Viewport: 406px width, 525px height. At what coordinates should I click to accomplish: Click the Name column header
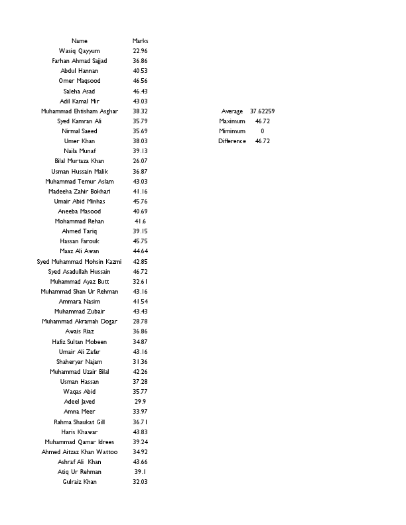point(79,41)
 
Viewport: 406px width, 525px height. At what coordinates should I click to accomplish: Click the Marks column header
point(140,41)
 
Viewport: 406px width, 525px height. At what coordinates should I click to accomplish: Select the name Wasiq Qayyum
point(79,51)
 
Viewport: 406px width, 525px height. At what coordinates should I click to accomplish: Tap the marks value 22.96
point(140,51)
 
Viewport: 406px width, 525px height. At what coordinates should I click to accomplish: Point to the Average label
point(232,111)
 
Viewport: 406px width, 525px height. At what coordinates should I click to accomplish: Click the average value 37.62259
point(263,111)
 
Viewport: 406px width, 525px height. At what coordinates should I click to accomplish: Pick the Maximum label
point(232,121)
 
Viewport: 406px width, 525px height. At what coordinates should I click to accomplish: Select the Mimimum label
point(232,131)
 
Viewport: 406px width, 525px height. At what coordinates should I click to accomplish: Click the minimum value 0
point(263,131)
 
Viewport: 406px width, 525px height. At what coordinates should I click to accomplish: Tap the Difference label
point(232,141)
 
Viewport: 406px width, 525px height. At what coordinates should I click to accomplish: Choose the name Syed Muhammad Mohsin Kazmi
point(79,262)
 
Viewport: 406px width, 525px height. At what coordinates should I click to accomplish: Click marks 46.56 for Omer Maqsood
point(140,81)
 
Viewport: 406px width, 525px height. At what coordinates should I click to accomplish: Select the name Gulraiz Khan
point(79,482)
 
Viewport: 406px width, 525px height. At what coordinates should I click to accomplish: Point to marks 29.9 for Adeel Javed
point(140,402)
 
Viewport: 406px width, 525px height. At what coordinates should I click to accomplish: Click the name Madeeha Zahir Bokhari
point(79,192)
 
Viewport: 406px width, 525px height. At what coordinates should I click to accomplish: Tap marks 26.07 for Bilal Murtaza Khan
point(140,161)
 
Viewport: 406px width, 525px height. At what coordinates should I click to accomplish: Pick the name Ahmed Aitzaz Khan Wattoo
point(79,452)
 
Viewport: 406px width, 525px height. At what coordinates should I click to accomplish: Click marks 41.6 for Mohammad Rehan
point(140,221)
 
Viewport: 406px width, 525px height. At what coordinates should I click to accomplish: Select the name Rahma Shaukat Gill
point(79,422)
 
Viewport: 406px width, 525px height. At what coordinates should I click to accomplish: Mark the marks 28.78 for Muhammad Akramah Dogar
point(140,321)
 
